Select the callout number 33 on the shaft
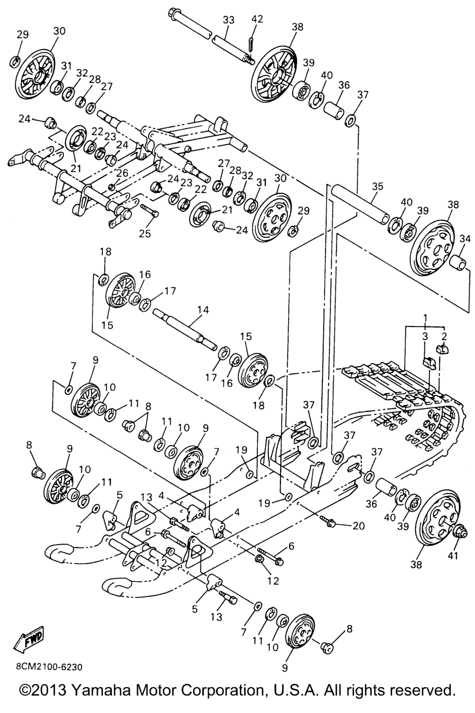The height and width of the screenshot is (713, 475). pos(228,20)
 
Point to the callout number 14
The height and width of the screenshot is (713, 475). pos(203,310)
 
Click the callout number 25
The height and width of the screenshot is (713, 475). pos(144,233)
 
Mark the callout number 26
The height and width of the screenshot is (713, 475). pos(122,173)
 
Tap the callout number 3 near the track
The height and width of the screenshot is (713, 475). pos(424,337)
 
